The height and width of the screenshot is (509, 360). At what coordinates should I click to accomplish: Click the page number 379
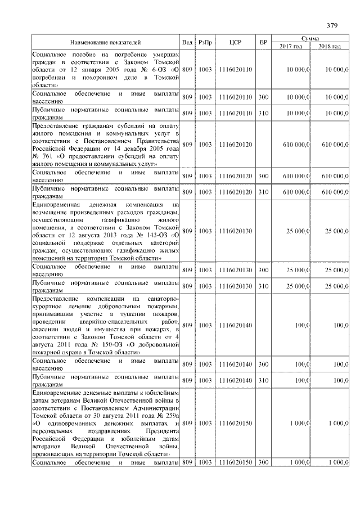tap(332, 25)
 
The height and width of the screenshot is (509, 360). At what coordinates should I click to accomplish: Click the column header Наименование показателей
tap(105, 42)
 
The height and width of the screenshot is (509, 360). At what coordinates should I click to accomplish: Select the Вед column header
tap(187, 42)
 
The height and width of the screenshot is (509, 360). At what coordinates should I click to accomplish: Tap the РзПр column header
tap(205, 42)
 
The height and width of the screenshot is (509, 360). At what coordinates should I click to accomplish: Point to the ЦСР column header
tap(236, 42)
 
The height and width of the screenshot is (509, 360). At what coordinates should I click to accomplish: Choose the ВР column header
tap(263, 42)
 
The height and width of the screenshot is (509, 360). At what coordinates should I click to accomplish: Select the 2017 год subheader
tap(291, 46)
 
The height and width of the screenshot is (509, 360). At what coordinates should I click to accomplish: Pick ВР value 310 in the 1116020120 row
tap(263, 192)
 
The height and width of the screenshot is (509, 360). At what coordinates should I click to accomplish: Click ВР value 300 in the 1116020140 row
tap(263, 364)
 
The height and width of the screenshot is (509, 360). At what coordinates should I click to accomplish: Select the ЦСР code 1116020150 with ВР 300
tap(236, 462)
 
